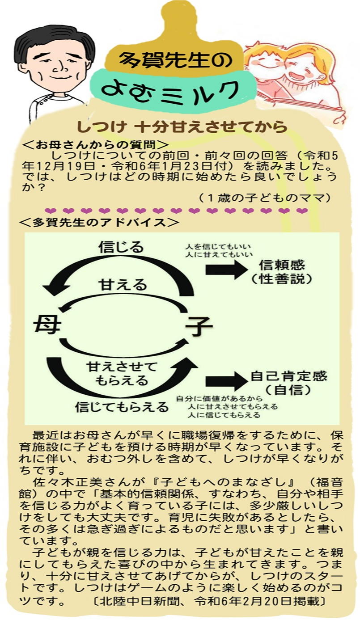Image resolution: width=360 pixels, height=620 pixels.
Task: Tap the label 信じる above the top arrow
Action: point(121,247)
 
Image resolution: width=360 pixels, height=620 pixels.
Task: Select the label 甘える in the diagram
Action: point(123,285)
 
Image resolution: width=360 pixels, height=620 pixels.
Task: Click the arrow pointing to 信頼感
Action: point(226,269)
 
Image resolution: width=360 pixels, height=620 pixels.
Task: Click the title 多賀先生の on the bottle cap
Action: point(175,59)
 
